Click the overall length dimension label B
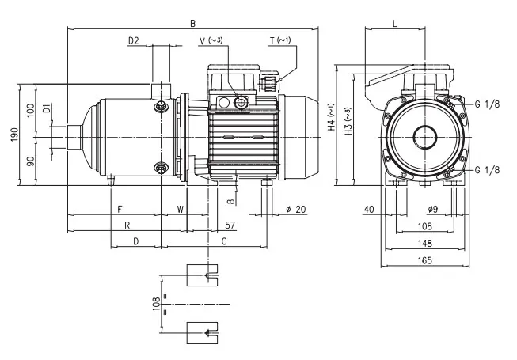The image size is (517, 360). (x=193, y=24)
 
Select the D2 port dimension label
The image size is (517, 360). (x=134, y=41)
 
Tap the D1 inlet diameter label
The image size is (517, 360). (x=48, y=108)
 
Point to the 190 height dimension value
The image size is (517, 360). (x=15, y=135)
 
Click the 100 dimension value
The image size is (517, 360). (x=30, y=111)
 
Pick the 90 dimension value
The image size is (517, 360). (x=30, y=161)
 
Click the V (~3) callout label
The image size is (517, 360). (x=211, y=41)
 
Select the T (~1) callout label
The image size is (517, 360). (x=280, y=40)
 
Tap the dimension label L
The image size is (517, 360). (x=395, y=24)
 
